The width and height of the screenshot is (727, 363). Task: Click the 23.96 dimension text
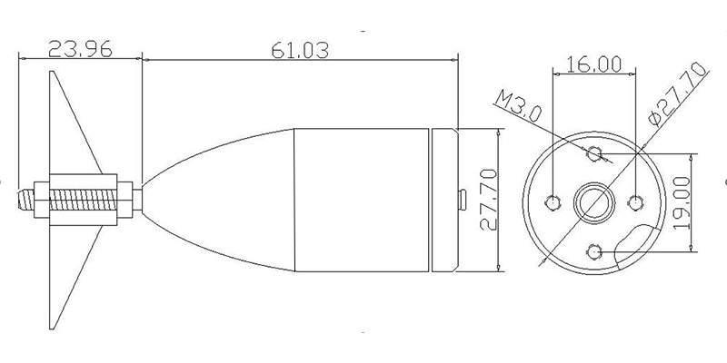click(x=80, y=49)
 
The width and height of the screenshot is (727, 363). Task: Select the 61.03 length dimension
click(x=300, y=50)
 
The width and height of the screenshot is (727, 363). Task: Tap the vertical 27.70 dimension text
click(x=488, y=200)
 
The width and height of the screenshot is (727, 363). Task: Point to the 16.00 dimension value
click(x=594, y=64)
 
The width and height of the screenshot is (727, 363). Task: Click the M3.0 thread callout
click(x=518, y=106)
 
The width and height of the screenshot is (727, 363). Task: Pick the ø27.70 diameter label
click(x=678, y=94)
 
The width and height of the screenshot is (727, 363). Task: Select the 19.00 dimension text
click(x=682, y=202)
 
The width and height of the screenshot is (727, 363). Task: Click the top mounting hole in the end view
click(x=594, y=153)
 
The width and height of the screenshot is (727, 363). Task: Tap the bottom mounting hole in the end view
click(x=594, y=252)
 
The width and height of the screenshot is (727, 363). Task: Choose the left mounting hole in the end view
click(x=553, y=202)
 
